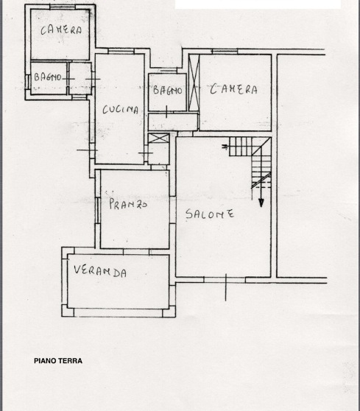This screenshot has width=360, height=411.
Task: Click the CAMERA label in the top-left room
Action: pyautogui.click(x=61, y=30)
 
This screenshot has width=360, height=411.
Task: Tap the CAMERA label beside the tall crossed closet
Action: pyautogui.click(x=233, y=89)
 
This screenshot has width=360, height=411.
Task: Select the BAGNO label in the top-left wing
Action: pyautogui.click(x=47, y=77)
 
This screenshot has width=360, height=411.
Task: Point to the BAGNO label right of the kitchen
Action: pyautogui.click(x=167, y=90)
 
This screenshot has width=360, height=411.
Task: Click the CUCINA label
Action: pyautogui.click(x=120, y=109)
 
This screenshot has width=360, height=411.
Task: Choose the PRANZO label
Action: pyautogui.click(x=128, y=204)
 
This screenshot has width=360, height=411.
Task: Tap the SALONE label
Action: pyautogui.click(x=210, y=214)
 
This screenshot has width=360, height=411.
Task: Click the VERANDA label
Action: pyautogui.click(x=100, y=271)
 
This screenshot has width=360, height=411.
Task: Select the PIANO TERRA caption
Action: pyautogui.click(x=58, y=361)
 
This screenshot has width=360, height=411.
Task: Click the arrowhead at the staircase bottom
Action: pyautogui.click(x=261, y=203)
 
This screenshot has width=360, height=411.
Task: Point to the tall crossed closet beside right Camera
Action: pyautogui.click(x=194, y=82)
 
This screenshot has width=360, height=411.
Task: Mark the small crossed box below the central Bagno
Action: pyautogui.click(x=159, y=138)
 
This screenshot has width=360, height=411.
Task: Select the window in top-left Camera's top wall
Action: pyautogui.click(x=63, y=7)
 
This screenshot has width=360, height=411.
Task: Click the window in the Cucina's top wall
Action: pyautogui.click(x=121, y=52)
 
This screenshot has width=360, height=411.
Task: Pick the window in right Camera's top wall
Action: pyautogui.click(x=225, y=52)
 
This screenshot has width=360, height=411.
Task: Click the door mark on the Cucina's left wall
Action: pyautogui.click(x=87, y=150)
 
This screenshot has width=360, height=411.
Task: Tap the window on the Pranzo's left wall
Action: pyautogui.click(x=98, y=210)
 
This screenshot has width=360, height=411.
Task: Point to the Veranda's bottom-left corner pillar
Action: pyautogui.click(x=68, y=311)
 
